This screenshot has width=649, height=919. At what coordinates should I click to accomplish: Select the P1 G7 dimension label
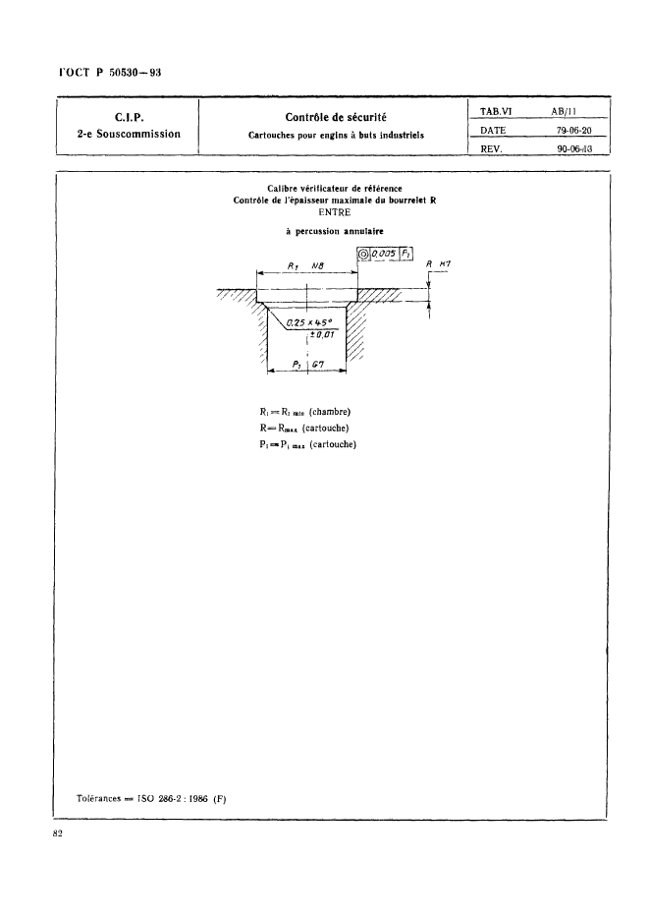pos(314,365)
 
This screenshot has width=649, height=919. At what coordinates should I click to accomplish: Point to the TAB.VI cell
pos(499,112)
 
